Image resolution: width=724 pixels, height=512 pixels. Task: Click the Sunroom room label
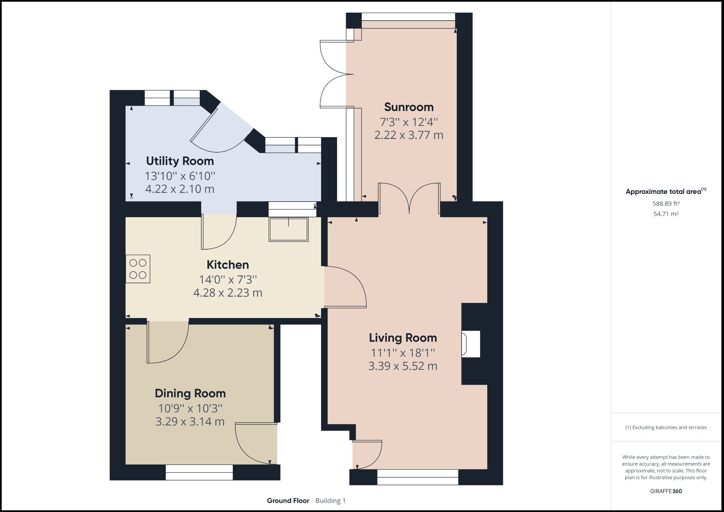pyautogui.click(x=409, y=107)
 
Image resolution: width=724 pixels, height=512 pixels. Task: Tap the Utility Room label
pyautogui.click(x=180, y=161)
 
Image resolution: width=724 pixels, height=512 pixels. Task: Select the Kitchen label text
pyautogui.click(x=228, y=265)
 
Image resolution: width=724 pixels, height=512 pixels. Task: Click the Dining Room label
pyautogui.click(x=190, y=393)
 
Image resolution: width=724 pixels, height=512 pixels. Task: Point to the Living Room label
pyautogui.click(x=403, y=338)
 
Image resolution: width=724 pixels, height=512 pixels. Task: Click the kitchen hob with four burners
pyautogui.click(x=138, y=269)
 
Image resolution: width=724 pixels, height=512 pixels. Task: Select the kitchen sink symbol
pyautogui.click(x=289, y=229)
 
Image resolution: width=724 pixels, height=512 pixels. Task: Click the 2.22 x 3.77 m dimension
pyautogui.click(x=409, y=135)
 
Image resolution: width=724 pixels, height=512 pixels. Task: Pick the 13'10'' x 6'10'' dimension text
pyautogui.click(x=180, y=176)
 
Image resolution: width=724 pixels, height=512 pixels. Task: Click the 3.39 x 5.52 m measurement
pyautogui.click(x=403, y=366)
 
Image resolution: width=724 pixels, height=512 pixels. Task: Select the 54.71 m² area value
pyautogui.click(x=666, y=214)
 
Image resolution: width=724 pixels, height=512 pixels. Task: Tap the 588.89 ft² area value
pyautogui.click(x=666, y=204)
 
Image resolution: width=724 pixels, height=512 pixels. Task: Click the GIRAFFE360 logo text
pyautogui.click(x=666, y=491)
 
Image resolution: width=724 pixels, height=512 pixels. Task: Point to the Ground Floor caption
pyautogui.click(x=288, y=501)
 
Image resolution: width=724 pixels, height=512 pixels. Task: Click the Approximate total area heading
pyautogui.click(x=665, y=192)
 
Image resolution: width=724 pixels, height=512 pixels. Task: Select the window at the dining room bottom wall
pyautogui.click(x=199, y=472)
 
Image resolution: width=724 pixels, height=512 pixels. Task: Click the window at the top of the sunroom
pyautogui.click(x=408, y=17)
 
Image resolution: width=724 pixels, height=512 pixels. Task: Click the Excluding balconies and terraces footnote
pyautogui.click(x=666, y=427)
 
